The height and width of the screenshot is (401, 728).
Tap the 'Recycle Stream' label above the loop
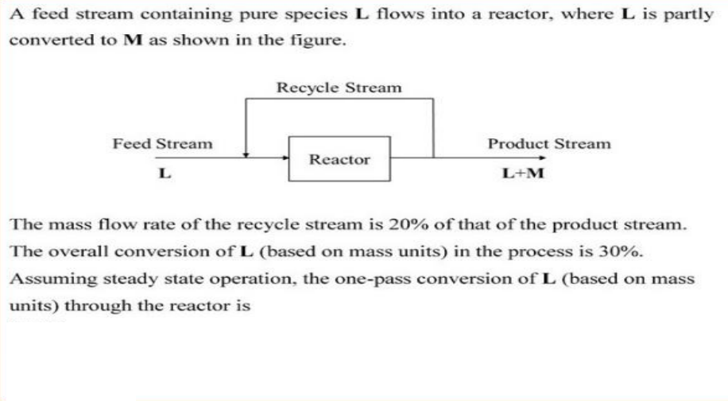coord(339,87)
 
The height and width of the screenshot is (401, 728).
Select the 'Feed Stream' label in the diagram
coord(162,144)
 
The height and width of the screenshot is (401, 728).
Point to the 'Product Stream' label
coord(549,144)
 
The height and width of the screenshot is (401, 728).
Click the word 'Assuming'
coord(41,280)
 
